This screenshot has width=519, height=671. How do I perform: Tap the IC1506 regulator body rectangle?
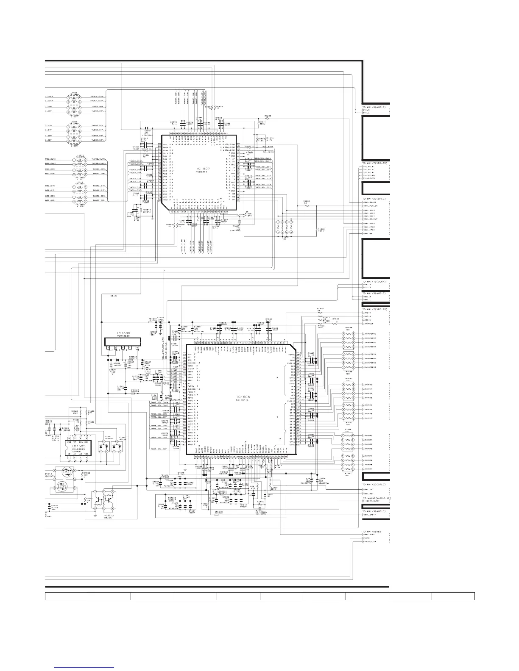tap(123, 341)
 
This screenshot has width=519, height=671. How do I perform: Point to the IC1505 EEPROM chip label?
tap(79, 446)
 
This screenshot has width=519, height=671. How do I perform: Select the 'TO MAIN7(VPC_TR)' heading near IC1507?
tap(375, 163)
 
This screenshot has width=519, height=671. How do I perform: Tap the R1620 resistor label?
tap(321, 308)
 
